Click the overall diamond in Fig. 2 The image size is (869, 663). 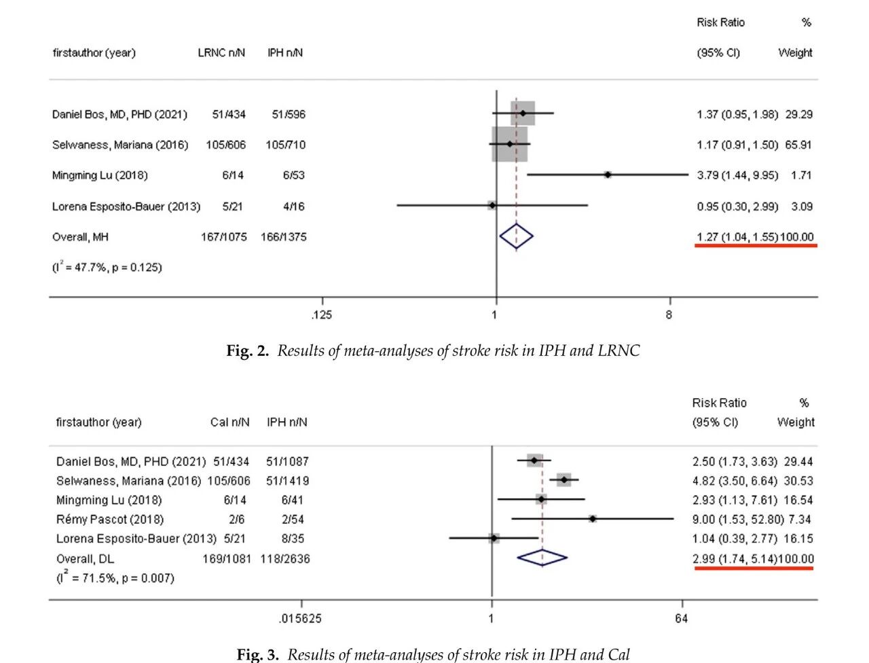[516, 236]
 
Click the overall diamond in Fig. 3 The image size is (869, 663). [542, 558]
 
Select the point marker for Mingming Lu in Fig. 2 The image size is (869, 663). [608, 175]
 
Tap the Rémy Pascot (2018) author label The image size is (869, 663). [110, 520]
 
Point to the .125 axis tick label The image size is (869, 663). [322, 315]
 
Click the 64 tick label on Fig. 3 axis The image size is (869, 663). [681, 618]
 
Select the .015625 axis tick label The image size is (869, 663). [300, 618]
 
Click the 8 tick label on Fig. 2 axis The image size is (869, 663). [669, 315]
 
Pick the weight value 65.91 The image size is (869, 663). [798, 145]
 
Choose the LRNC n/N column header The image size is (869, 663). [221, 53]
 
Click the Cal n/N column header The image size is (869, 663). [229, 423]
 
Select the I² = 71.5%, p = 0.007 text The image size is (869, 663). [115, 578]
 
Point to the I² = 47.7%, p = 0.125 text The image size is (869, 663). [107, 267]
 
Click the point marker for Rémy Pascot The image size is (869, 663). [593, 519]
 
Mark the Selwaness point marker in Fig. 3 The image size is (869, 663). [564, 480]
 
